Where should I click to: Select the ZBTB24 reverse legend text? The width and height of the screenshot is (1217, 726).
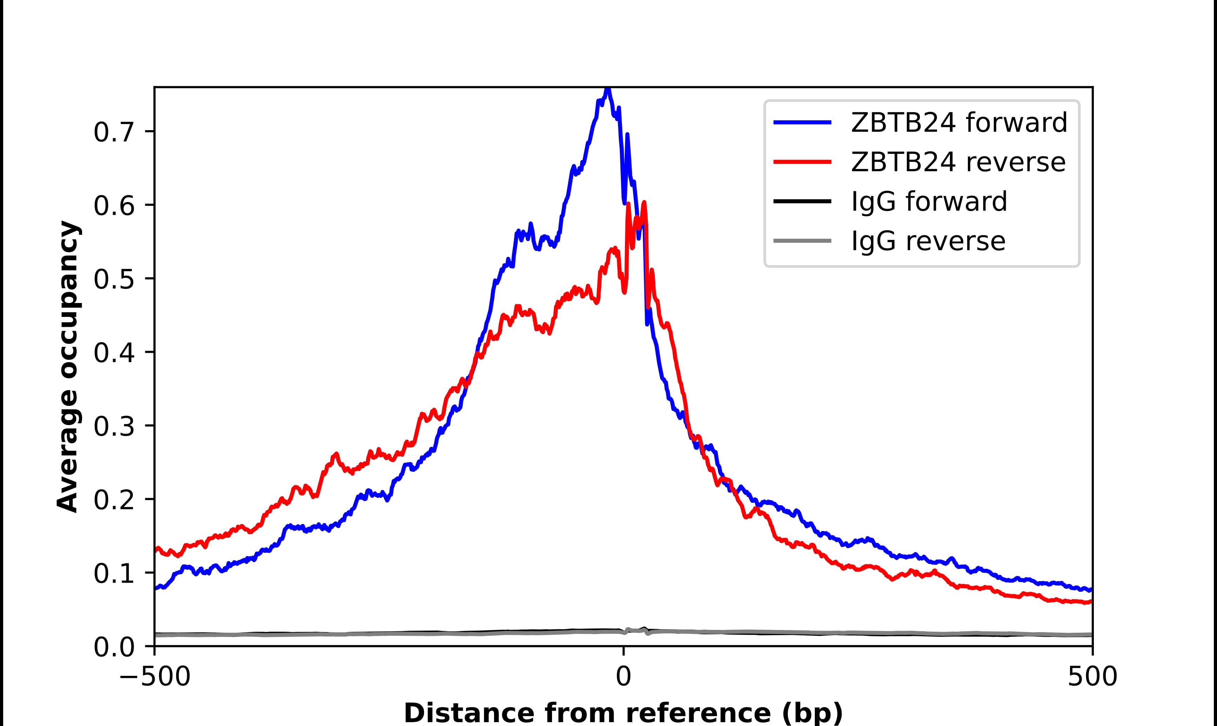coord(958,162)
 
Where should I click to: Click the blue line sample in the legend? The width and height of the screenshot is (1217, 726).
coord(802,122)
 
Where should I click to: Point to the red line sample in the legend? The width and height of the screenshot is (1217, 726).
coord(802,162)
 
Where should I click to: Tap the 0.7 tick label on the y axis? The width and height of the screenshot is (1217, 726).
coord(114,132)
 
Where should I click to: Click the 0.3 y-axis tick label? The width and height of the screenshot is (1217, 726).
coord(114,426)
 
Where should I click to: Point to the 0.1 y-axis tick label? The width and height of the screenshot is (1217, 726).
coord(114,573)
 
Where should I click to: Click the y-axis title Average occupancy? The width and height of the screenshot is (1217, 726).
coord(67,367)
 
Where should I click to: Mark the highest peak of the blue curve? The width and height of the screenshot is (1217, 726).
coord(607,89)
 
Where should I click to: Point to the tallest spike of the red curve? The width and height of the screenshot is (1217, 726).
coord(644,202)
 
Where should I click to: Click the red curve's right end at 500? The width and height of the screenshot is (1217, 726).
coord(1091,602)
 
